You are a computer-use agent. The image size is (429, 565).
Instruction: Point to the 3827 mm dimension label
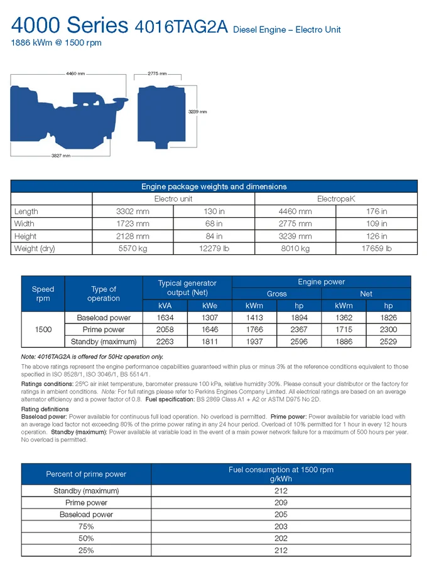click(60, 156)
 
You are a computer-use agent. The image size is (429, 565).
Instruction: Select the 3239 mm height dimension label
click(197, 112)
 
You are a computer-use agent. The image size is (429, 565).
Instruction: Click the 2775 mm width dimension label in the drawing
click(156, 74)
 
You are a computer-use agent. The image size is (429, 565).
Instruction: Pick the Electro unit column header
click(173, 199)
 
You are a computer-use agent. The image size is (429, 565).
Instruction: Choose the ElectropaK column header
click(335, 199)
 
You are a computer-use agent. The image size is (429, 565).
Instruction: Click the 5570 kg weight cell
click(133, 249)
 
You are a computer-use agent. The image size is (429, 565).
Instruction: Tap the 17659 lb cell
click(376, 249)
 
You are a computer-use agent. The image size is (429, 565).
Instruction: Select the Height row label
click(25, 236)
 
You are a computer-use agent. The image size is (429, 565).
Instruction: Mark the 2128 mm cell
click(133, 236)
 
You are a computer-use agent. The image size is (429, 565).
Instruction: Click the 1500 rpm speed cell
click(43, 330)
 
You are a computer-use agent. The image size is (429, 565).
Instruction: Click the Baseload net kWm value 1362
click(344, 318)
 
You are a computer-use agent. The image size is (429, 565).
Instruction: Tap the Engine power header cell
click(321, 282)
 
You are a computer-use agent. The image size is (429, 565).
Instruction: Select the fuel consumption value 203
click(281, 527)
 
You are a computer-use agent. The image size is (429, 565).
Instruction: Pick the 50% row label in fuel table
click(86, 539)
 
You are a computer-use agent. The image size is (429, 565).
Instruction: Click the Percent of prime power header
click(86, 474)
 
